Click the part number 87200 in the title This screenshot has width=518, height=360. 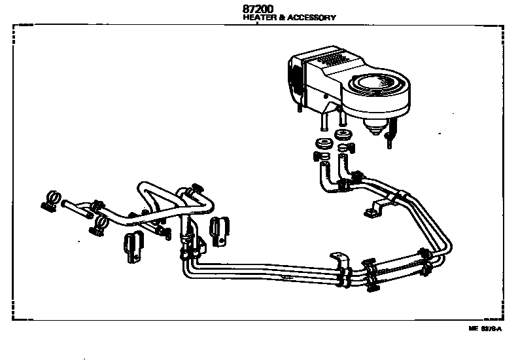[259, 9]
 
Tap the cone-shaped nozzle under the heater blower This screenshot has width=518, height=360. [375, 128]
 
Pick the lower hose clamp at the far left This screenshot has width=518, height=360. [99, 226]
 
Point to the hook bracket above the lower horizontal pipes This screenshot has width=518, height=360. [339, 258]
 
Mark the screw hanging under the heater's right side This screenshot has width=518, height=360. [391, 138]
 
